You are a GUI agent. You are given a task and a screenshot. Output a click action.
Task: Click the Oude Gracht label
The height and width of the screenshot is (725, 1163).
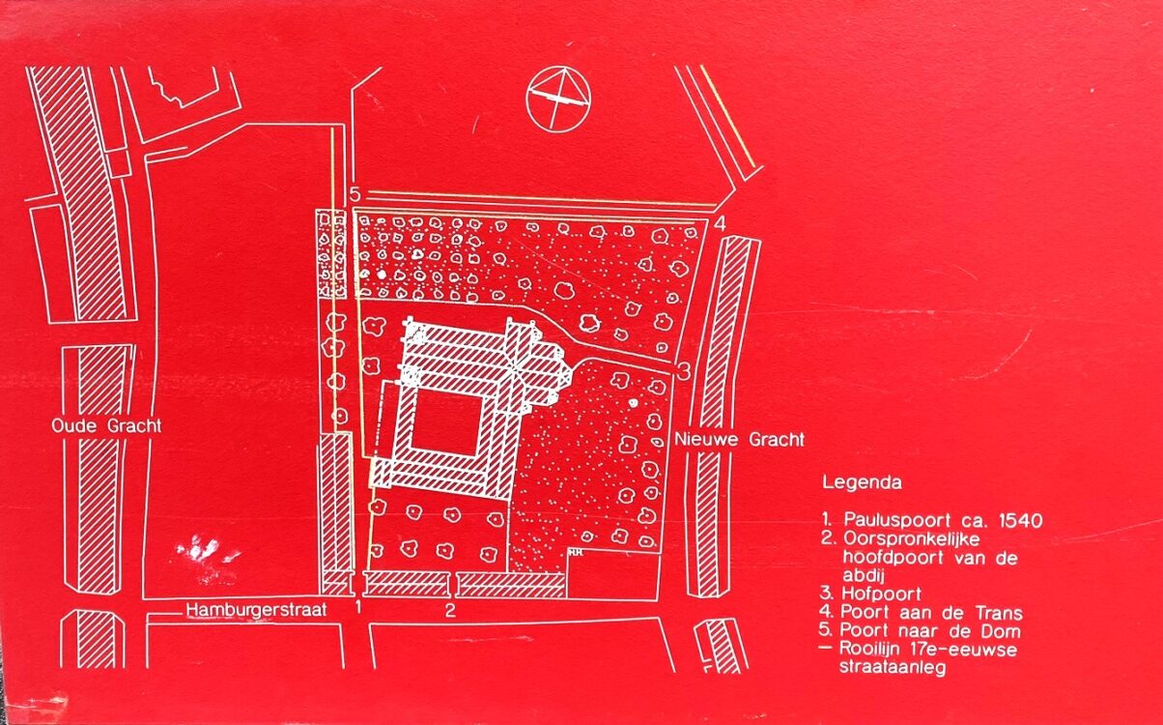point(106,425)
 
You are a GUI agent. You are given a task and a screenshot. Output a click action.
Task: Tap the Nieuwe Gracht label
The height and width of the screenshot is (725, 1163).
point(739,440)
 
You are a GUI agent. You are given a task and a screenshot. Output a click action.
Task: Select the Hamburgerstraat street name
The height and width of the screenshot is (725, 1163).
point(257,610)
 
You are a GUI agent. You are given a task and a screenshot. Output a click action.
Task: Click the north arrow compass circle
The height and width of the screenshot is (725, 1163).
point(558,99)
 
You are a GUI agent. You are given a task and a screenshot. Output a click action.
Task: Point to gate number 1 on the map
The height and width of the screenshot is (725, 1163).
point(357,606)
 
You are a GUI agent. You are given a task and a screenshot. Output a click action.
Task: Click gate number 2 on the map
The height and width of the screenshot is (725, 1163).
point(450,610)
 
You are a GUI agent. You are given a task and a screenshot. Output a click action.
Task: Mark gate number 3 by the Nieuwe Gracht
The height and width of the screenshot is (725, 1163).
point(684,371)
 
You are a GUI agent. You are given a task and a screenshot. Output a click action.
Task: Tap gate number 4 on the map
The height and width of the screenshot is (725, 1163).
point(721,224)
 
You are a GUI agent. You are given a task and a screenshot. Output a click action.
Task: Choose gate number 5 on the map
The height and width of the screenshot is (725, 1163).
point(355,195)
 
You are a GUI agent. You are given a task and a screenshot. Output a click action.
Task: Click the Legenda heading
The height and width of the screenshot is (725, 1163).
point(862,482)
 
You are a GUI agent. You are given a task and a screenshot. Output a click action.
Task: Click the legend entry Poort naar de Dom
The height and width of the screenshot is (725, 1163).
point(930,631)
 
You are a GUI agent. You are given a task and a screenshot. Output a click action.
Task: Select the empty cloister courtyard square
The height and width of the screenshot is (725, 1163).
point(446,422)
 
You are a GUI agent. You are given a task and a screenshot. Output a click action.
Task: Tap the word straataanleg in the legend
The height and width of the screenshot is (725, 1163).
point(893,667)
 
